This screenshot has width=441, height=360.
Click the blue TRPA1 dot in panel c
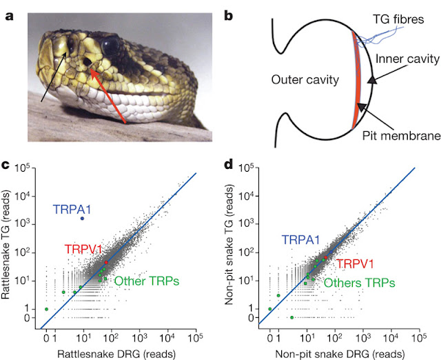pos(82,219)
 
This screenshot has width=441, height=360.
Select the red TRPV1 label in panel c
pos(85,250)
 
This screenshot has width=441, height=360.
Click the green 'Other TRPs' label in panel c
pos(147,281)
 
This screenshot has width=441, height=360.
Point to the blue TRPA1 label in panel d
pos(299,239)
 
